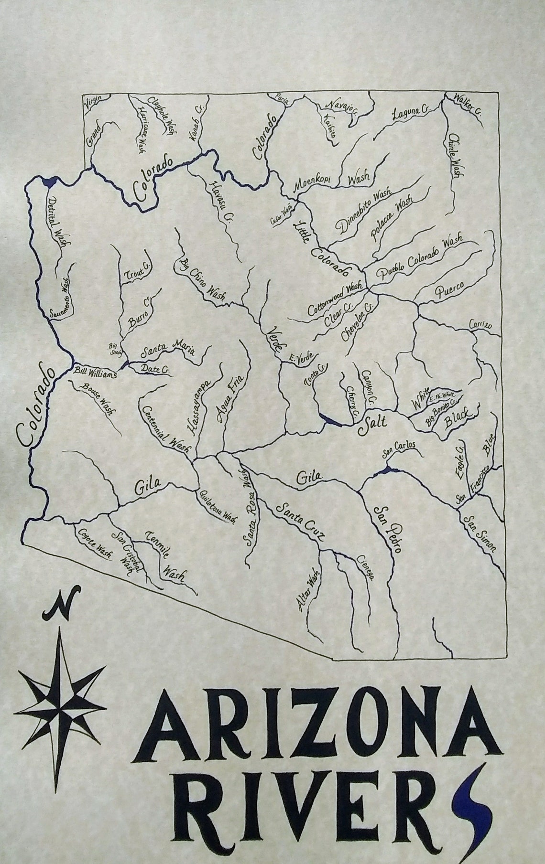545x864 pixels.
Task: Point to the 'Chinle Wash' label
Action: pos(453,155)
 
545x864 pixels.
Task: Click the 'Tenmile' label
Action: pos(157,542)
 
